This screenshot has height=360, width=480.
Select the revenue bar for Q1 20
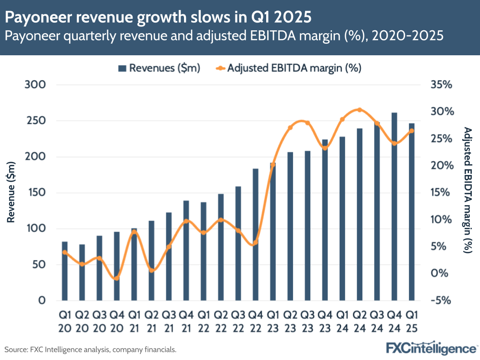(x=65, y=271)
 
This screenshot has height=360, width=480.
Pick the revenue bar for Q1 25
(x=412, y=212)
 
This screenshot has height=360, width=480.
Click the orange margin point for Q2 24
(x=359, y=110)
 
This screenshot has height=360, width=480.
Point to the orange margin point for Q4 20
(x=116, y=278)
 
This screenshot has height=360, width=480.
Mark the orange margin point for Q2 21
(x=151, y=271)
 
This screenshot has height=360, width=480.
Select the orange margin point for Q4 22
(x=256, y=243)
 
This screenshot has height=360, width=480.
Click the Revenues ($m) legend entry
(x=159, y=68)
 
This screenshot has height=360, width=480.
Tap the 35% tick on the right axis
(x=442, y=85)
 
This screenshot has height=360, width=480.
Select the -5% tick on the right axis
(x=442, y=300)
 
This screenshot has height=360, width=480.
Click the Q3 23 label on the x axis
(x=308, y=322)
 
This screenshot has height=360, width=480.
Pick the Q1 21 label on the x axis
(x=134, y=322)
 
